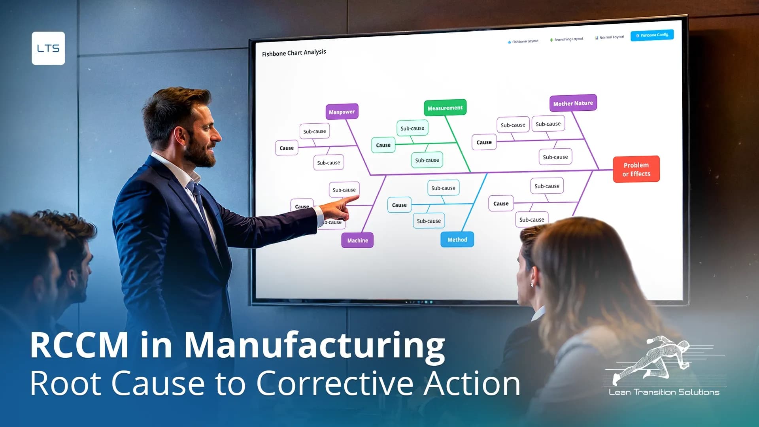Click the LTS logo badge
point(48,48)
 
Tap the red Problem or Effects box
point(636,169)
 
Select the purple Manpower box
point(342,112)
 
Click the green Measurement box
point(445,108)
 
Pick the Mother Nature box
point(573,104)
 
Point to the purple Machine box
point(357,240)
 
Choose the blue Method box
point(457,240)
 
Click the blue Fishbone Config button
point(652,35)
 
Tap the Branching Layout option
point(567,40)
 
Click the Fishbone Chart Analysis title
point(294,53)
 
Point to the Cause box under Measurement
point(383,145)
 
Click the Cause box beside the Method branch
point(399,205)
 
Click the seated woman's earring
point(532,285)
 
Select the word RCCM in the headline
point(79,345)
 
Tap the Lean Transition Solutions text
point(664,392)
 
